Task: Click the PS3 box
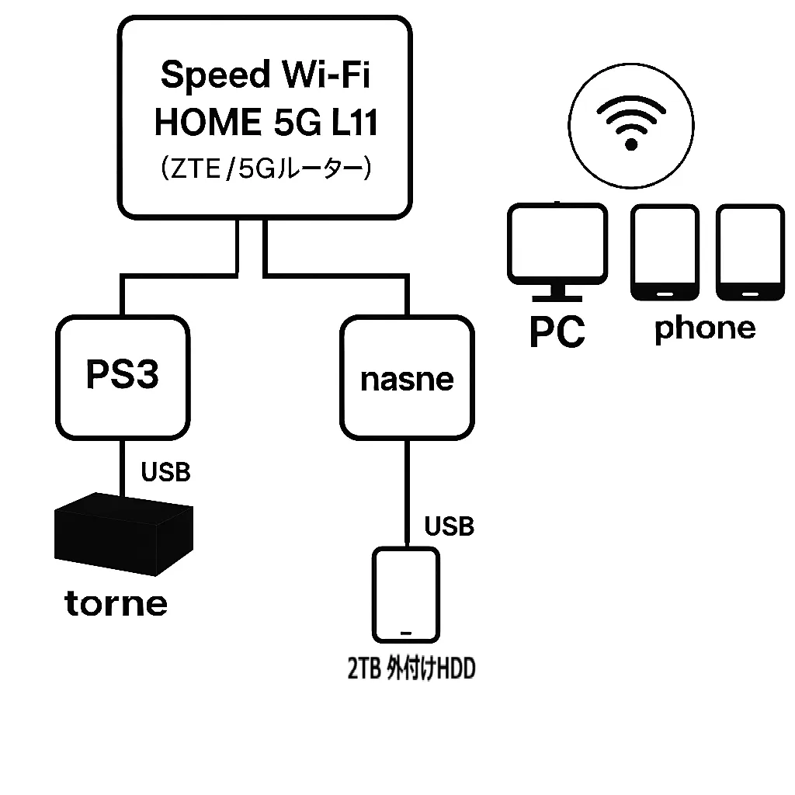pos(123,377)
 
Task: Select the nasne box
pos(407,378)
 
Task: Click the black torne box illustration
pos(123,536)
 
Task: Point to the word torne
pos(116,603)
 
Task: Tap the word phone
pos(705,328)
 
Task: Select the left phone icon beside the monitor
pos(665,252)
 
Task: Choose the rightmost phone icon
pos(750,252)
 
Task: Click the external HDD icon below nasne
pos(405,594)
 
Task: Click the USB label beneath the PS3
pos(165,471)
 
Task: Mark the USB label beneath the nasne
pos(449,526)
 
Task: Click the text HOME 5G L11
pos(266,123)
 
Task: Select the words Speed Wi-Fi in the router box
pos(266,75)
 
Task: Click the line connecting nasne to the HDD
pos(407,489)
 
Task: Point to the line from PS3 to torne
pos(123,466)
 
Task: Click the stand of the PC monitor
pos(557,292)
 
